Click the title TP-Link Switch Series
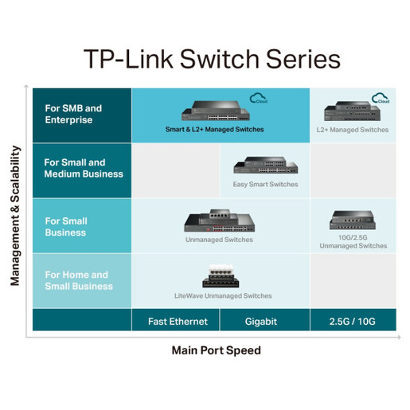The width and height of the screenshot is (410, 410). pos(212,60)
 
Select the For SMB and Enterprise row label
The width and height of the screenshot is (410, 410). pos(73,114)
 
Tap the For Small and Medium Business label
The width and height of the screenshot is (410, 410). pos(84,168)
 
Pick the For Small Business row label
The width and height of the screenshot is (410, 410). pos(65,227)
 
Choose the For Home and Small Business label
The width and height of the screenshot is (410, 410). pos(79,280)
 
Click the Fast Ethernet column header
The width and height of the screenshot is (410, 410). pos(178,322)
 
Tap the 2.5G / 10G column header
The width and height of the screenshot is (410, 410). pos(352,322)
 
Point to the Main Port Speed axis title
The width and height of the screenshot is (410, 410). pos(216,350)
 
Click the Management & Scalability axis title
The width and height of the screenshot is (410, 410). pos(14,215)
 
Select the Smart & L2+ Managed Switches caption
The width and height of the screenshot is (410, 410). pos(214,129)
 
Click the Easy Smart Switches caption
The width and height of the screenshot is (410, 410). pos(265,184)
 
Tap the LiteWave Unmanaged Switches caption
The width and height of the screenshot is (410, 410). pos(223,295)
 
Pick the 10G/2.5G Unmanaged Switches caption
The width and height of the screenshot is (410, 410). pos(353,241)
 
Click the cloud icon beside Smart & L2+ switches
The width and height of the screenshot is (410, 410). pos(258,99)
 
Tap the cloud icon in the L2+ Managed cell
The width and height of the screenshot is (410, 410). pos(381,99)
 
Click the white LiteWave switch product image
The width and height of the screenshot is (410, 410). pos(223,275)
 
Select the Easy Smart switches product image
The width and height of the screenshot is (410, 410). pos(264,166)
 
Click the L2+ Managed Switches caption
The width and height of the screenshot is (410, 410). pos(353,129)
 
